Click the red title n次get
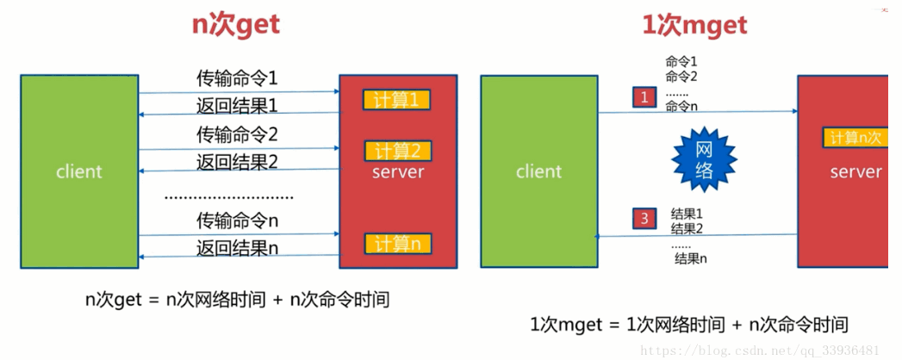(235, 25)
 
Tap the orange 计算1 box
(397, 100)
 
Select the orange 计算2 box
(397, 151)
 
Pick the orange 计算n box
(397, 244)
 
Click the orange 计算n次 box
(855, 138)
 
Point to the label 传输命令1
(237, 78)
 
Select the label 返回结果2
(237, 162)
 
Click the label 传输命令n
(237, 220)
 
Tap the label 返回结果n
(237, 248)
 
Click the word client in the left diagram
(79, 171)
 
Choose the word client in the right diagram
(539, 171)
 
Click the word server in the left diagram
(398, 172)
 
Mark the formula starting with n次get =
(237, 300)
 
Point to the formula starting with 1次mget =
(689, 325)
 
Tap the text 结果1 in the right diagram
(687, 214)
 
